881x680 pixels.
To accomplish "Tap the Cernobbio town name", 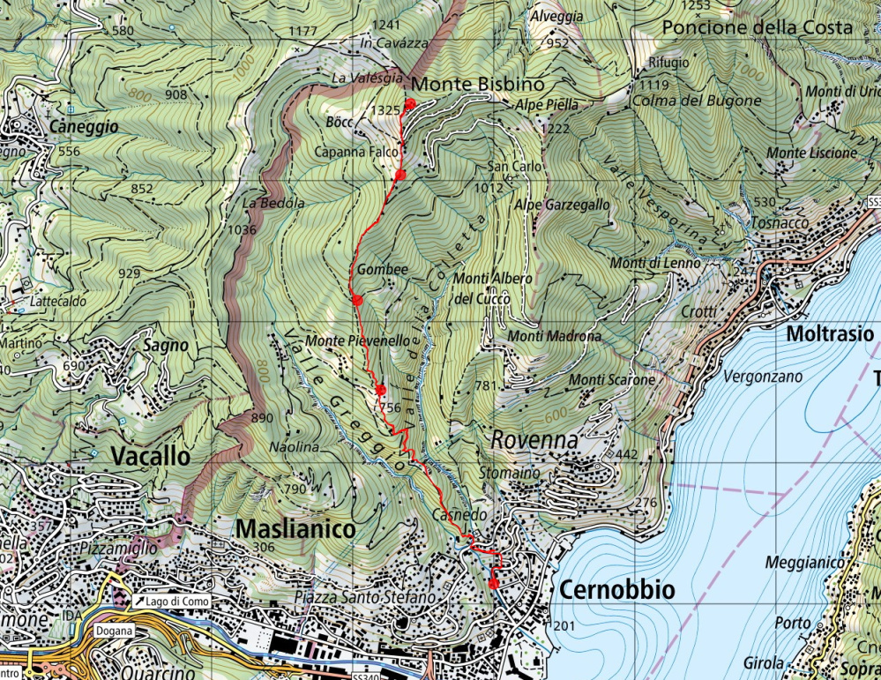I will pyautogui.click(x=616, y=589).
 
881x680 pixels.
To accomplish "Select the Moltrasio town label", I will pyautogui.click(x=829, y=334).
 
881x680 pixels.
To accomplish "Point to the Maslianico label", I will pyautogui.click(x=295, y=529).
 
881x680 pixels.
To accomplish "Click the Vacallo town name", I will pyautogui.click(x=151, y=456).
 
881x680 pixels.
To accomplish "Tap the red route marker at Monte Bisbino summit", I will pyautogui.click(x=409, y=104).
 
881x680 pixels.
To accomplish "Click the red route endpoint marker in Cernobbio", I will pyautogui.click(x=493, y=583).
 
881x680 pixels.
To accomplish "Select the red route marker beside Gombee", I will pyautogui.click(x=357, y=300).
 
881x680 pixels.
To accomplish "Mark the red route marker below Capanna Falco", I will pyautogui.click(x=399, y=176).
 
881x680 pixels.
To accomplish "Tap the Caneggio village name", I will pyautogui.click(x=84, y=127).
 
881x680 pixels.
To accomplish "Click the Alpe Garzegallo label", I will pyautogui.click(x=562, y=204).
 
